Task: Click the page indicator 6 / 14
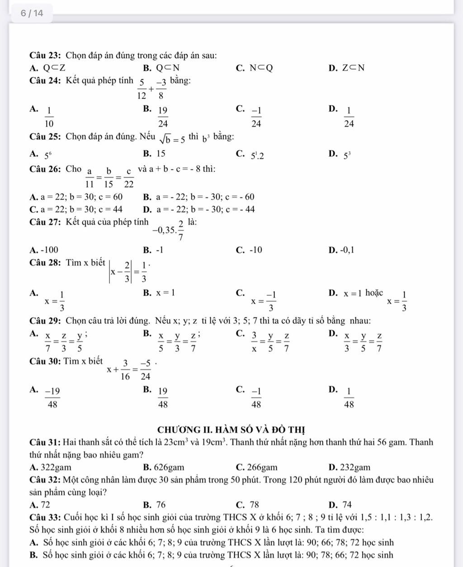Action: [32, 13]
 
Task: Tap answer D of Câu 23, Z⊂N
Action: [353, 68]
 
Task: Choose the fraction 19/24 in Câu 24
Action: [163, 116]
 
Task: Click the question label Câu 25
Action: [45, 137]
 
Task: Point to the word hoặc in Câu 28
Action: [374, 293]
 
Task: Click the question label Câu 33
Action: [45, 517]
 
